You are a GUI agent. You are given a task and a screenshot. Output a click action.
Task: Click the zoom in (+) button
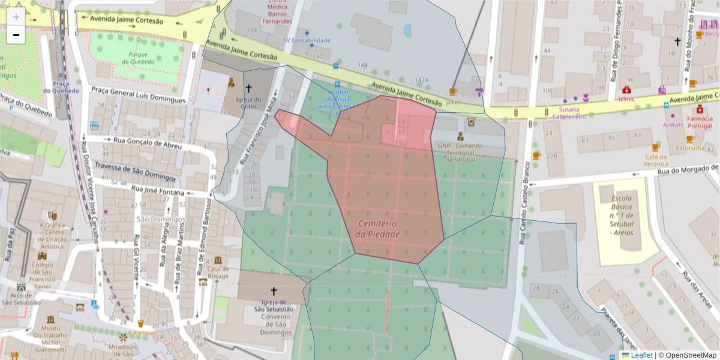pyautogui.click(x=16, y=16)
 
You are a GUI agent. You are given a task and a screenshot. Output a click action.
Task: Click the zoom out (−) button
pyautogui.click(x=16, y=35)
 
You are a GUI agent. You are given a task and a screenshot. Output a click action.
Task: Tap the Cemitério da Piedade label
pyautogui.click(x=377, y=229)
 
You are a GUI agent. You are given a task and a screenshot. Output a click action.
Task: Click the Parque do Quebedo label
pyautogui.click(x=142, y=58)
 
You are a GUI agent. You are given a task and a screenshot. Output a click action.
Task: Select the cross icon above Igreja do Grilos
pyautogui.click(x=248, y=88)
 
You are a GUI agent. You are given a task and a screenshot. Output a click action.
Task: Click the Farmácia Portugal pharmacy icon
pyautogui.click(x=700, y=110)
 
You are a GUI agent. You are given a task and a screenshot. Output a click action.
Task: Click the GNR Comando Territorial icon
pyautogui.click(x=460, y=136)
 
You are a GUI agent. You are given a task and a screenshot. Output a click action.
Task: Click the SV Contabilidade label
pyautogui.click(x=307, y=40)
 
